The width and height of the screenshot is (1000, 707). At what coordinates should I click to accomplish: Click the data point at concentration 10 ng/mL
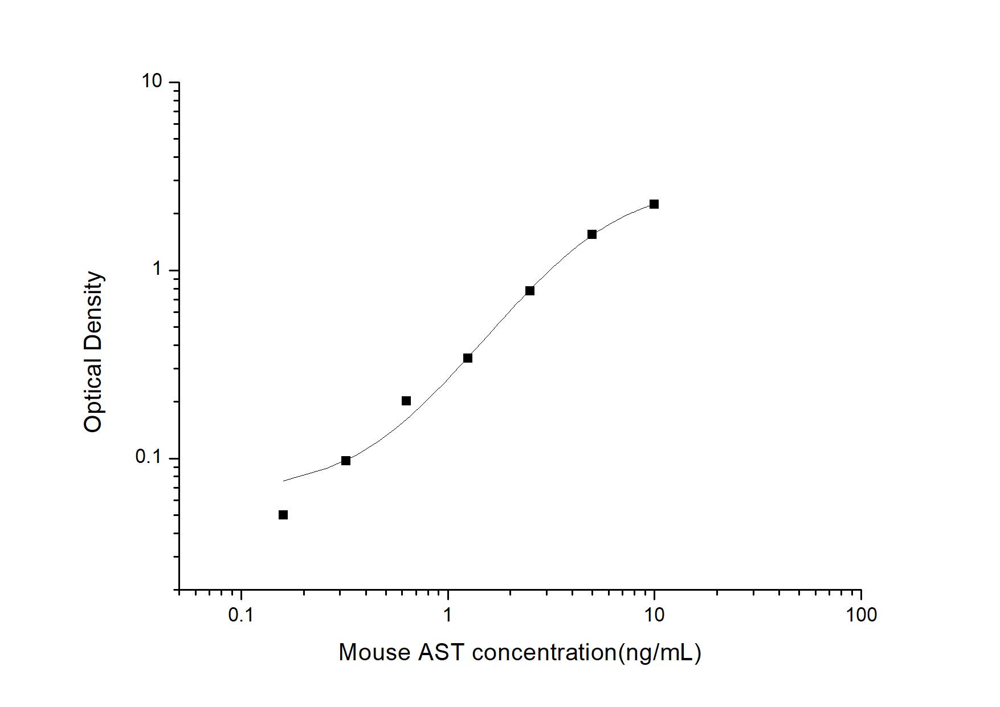[x=654, y=204]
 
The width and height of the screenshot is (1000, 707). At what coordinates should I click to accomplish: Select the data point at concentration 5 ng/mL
[x=592, y=234]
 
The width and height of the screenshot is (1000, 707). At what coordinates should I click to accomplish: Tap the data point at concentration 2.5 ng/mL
[x=530, y=291]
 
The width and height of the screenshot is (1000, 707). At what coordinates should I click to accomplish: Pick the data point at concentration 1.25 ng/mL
[x=468, y=358]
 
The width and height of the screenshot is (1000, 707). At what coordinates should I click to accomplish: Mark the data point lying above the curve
[x=406, y=401]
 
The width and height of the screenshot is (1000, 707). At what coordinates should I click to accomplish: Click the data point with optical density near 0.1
[x=346, y=461]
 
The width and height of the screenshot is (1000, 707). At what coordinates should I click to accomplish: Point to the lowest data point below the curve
[x=283, y=515]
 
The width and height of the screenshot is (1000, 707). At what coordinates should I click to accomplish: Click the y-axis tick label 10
[x=152, y=81]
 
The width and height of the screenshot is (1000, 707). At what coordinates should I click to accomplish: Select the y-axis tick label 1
[x=157, y=269]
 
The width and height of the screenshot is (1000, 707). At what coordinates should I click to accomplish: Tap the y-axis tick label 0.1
[x=149, y=457]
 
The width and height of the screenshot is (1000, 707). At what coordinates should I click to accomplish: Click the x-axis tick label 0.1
[x=241, y=615]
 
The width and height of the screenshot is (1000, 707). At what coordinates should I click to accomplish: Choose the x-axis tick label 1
[x=448, y=615]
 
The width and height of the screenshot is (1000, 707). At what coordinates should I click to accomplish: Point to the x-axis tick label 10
[x=654, y=615]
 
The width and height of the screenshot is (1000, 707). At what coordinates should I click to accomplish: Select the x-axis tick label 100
[x=860, y=615]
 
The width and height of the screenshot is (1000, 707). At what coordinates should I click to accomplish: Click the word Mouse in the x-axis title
[x=374, y=652]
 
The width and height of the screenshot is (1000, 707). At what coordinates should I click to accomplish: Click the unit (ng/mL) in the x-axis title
[x=659, y=652]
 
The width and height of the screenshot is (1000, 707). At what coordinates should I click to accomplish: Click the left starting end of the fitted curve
[x=284, y=481]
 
